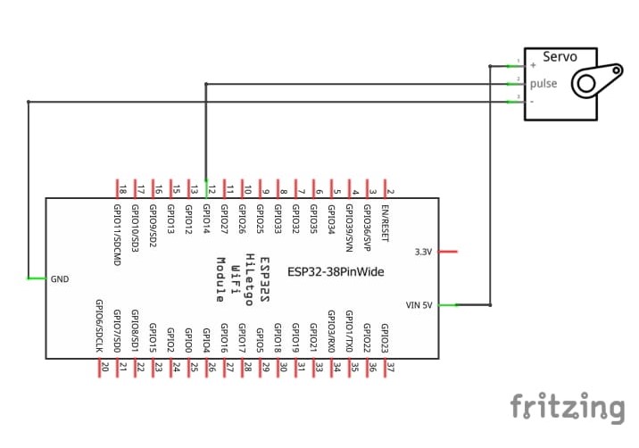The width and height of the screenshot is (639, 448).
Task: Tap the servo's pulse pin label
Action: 544,84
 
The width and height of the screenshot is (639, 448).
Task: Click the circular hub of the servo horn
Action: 585,85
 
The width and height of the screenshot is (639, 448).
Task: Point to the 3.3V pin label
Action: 424,253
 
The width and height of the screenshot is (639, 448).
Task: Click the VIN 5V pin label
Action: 419,305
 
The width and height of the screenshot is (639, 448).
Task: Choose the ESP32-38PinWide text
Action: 336,270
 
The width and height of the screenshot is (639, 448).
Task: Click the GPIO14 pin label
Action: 206,220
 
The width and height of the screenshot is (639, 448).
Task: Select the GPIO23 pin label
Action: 385,339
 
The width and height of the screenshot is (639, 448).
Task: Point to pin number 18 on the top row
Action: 121,189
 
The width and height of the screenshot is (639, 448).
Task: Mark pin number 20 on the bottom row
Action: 104,367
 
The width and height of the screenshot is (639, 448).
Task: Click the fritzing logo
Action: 568,408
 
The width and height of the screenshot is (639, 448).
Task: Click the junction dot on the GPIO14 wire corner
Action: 206,84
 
